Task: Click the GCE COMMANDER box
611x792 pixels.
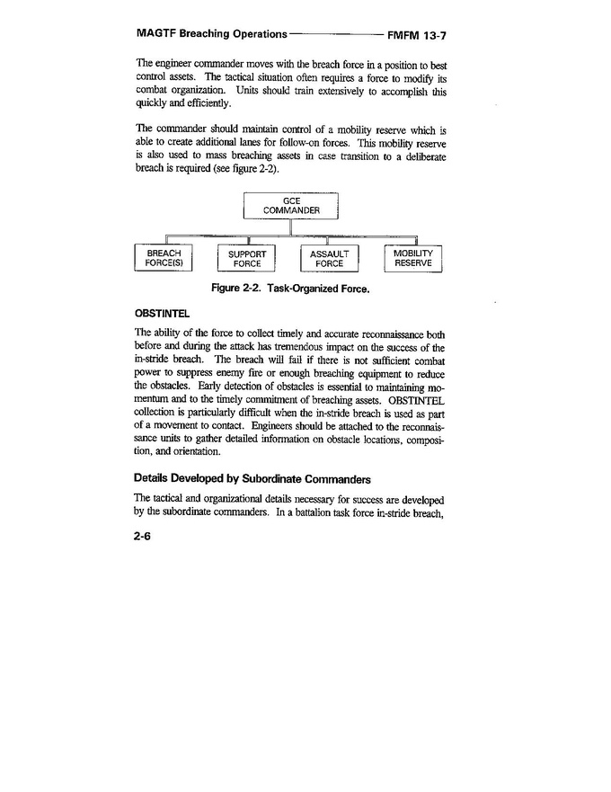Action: [x=290, y=205]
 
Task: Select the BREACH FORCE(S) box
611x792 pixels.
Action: [x=164, y=258]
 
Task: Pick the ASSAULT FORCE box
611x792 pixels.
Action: [x=329, y=259]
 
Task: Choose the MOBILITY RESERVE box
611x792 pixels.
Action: [x=413, y=258]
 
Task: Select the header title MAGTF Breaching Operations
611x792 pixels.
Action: [x=211, y=35]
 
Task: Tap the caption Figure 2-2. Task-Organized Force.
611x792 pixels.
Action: [x=290, y=289]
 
